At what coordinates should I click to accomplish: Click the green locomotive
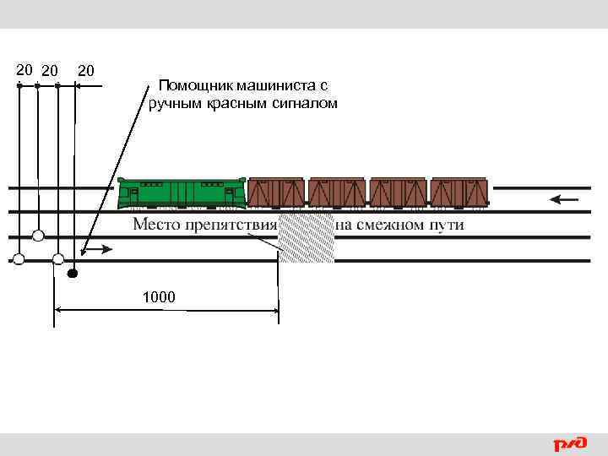tap(181, 193)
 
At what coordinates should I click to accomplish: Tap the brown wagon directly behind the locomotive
tap(276, 192)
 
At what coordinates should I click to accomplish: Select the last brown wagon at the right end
tap(459, 192)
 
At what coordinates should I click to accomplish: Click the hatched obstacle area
tap(307, 238)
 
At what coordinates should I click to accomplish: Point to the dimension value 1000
tap(159, 297)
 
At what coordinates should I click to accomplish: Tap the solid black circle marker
tap(73, 274)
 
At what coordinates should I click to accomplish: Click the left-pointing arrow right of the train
tap(564, 200)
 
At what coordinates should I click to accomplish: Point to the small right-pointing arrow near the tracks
tap(100, 249)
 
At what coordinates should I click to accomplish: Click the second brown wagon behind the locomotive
tap(337, 192)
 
